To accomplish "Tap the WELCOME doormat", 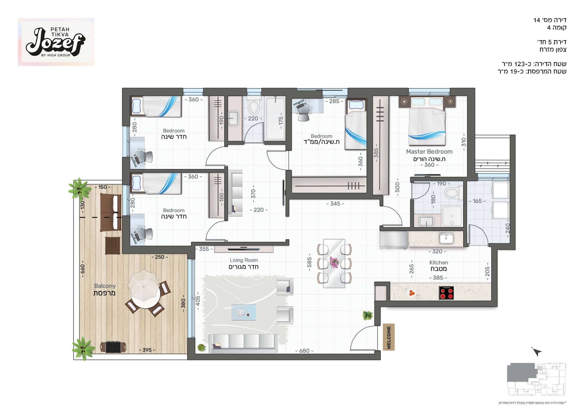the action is (388, 337).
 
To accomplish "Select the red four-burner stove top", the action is (446, 293).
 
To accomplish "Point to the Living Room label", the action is (244, 260).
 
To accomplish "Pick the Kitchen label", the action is (438, 263).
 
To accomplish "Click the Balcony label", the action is (105, 286).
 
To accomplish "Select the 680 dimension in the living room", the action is (304, 351).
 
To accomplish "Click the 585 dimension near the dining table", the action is (309, 262).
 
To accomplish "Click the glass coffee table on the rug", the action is (243, 312).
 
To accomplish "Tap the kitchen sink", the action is (446, 238).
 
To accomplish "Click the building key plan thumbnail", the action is (536, 379).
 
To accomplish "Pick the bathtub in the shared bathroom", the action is (275, 119).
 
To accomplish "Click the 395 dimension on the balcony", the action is (147, 350).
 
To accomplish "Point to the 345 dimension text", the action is (335, 204).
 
